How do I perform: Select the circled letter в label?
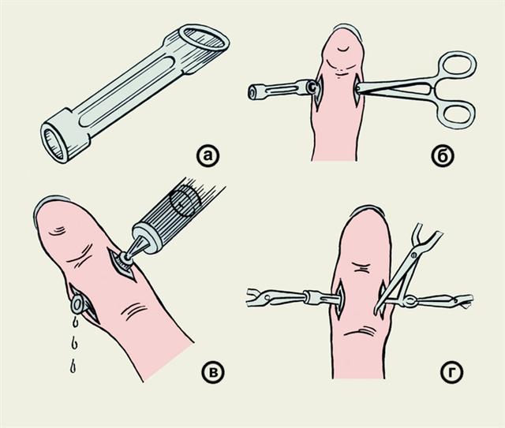[212, 372]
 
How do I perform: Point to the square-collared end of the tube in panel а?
[64, 136]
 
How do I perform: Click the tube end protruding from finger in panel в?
[78, 303]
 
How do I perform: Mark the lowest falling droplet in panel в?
[73, 367]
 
